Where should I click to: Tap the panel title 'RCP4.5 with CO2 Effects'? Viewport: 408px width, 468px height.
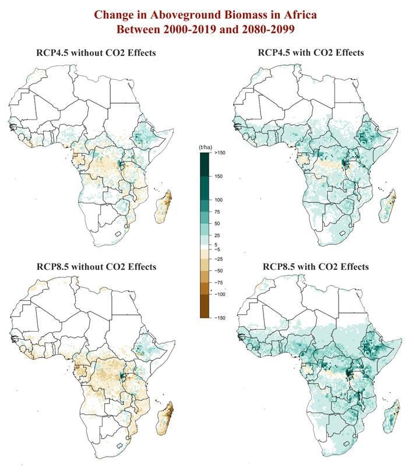[311, 53]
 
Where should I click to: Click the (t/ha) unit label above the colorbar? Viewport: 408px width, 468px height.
[206, 147]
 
